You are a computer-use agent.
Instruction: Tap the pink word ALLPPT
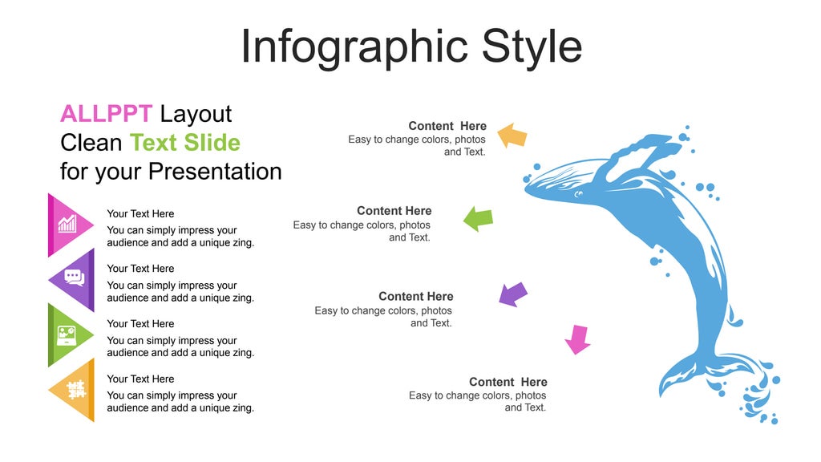click(x=106, y=114)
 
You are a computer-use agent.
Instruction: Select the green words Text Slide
click(x=184, y=143)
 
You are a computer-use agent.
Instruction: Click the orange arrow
click(x=512, y=135)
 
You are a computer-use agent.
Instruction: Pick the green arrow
click(x=478, y=218)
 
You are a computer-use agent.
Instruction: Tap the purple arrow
click(x=513, y=294)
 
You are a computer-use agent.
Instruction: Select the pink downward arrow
click(x=577, y=338)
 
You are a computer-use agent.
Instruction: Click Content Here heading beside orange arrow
click(x=447, y=126)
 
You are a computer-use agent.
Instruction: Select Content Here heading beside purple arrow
click(x=415, y=297)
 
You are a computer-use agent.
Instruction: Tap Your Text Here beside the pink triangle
click(x=140, y=214)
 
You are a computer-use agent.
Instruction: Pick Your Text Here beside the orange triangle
click(x=140, y=379)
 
